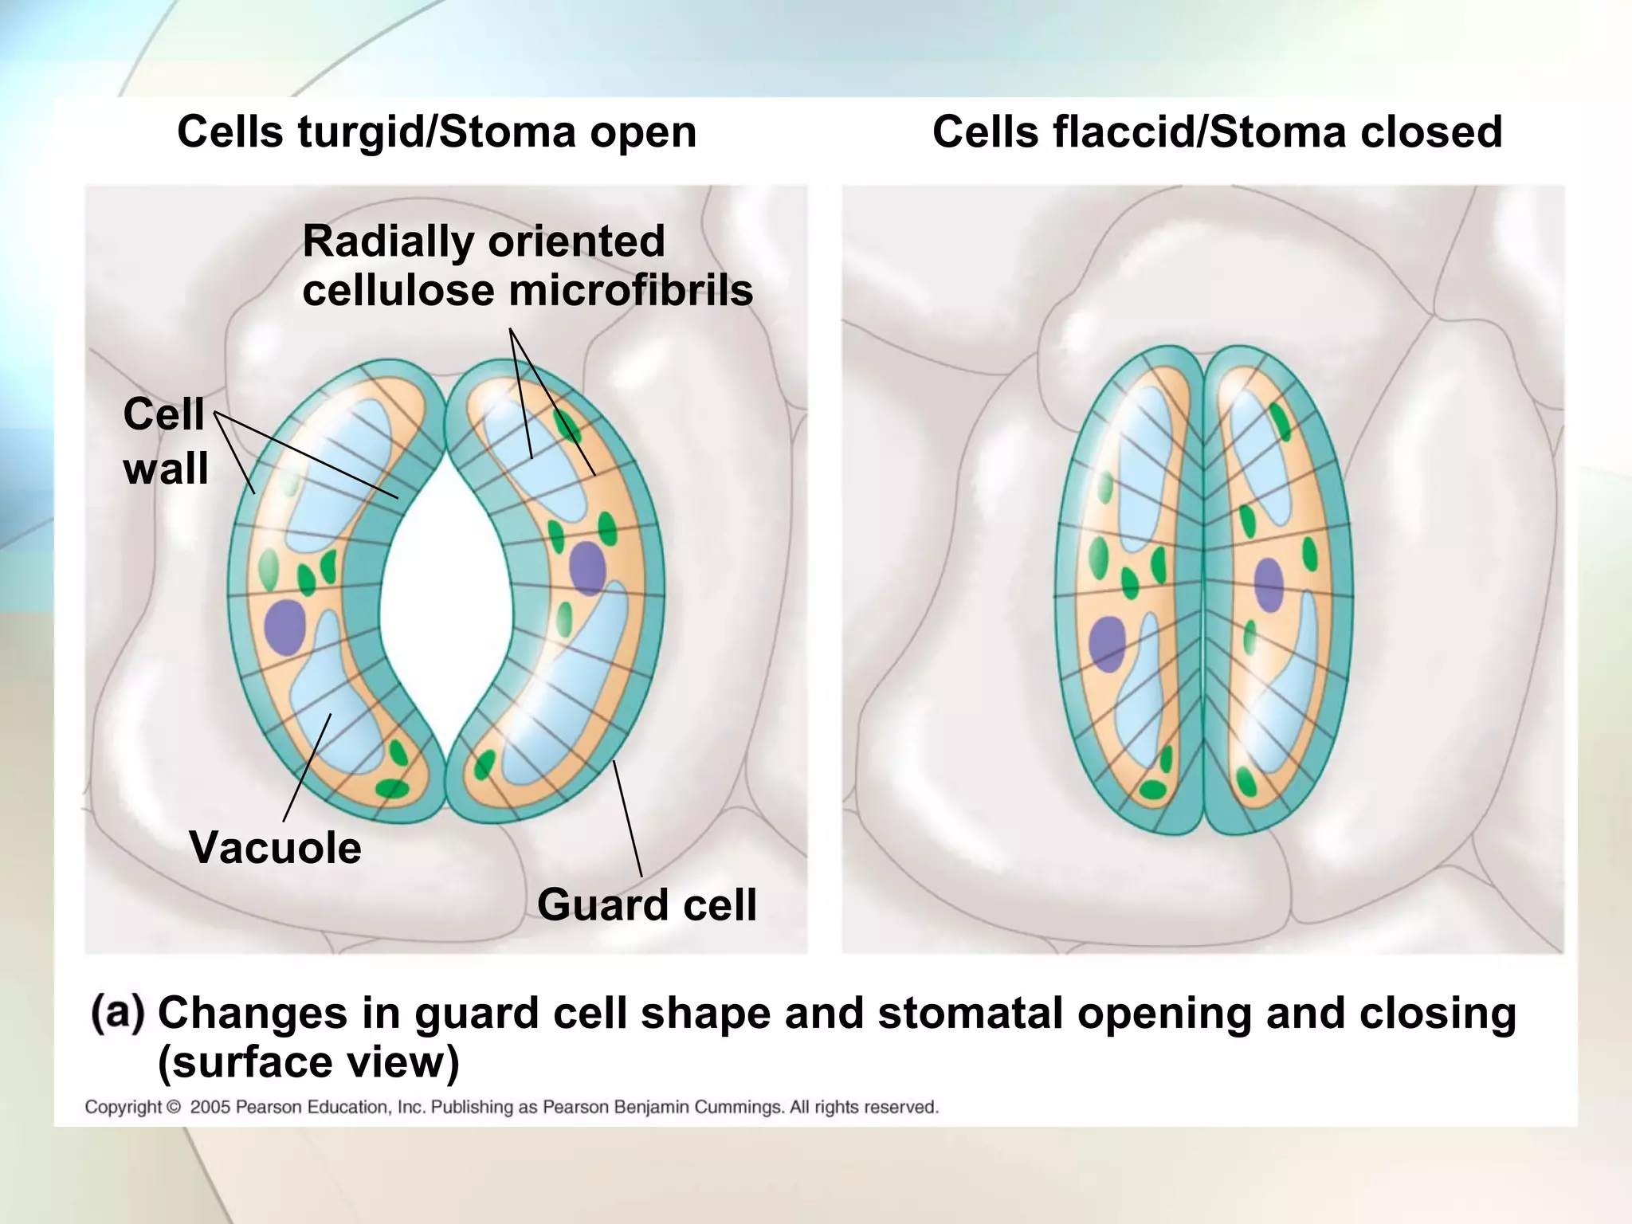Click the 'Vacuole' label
coord(275,848)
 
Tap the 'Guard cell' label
coord(646,905)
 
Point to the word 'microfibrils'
coord(630,290)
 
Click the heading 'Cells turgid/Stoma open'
coord(437,131)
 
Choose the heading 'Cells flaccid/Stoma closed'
coord(1217,131)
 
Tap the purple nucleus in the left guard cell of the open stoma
coord(285,627)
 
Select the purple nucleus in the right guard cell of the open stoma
coord(587,568)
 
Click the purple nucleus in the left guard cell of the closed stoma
coord(1107,643)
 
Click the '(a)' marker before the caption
coord(118,1014)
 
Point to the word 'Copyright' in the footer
coord(124,1107)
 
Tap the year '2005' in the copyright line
coord(210,1107)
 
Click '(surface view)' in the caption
coord(308,1062)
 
